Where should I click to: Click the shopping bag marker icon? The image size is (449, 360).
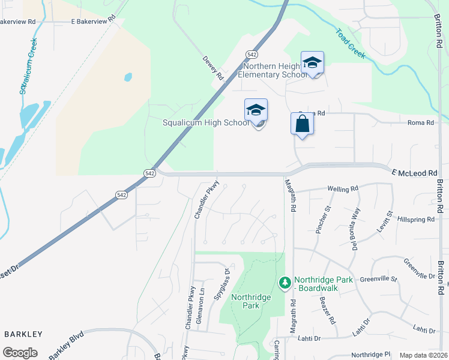tap(302, 124)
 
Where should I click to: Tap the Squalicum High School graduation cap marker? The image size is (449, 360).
tap(256, 111)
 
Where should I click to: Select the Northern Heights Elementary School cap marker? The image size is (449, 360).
tap(312, 63)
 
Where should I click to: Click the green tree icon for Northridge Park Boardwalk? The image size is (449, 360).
tap(285, 281)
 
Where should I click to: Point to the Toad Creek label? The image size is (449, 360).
tap(350, 44)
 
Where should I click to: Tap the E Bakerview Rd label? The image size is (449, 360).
tap(92, 21)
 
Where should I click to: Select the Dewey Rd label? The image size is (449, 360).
tap(213, 69)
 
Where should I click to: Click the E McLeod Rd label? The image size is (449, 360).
tap(415, 173)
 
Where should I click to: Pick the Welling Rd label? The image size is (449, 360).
tap(343, 188)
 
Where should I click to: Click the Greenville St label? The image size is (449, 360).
tap(379, 279)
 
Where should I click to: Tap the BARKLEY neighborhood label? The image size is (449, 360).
tap(23, 334)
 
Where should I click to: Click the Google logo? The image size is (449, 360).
tap(20, 353)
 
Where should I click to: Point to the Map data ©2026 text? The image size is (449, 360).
tap(423, 355)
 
